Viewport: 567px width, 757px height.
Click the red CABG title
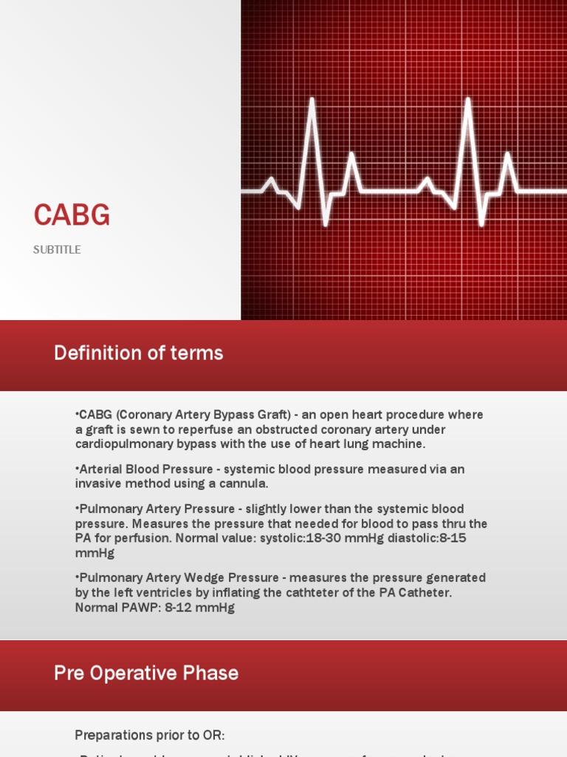click(x=72, y=215)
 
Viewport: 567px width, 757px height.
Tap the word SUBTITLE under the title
click(x=57, y=250)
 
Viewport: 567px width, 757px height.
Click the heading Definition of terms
click(x=138, y=353)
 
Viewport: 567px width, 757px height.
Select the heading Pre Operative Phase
click(x=146, y=673)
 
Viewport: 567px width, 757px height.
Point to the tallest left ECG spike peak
click(x=312, y=100)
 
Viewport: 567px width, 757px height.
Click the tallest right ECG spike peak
click(x=467, y=100)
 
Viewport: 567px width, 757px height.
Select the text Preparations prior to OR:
click(x=149, y=735)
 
